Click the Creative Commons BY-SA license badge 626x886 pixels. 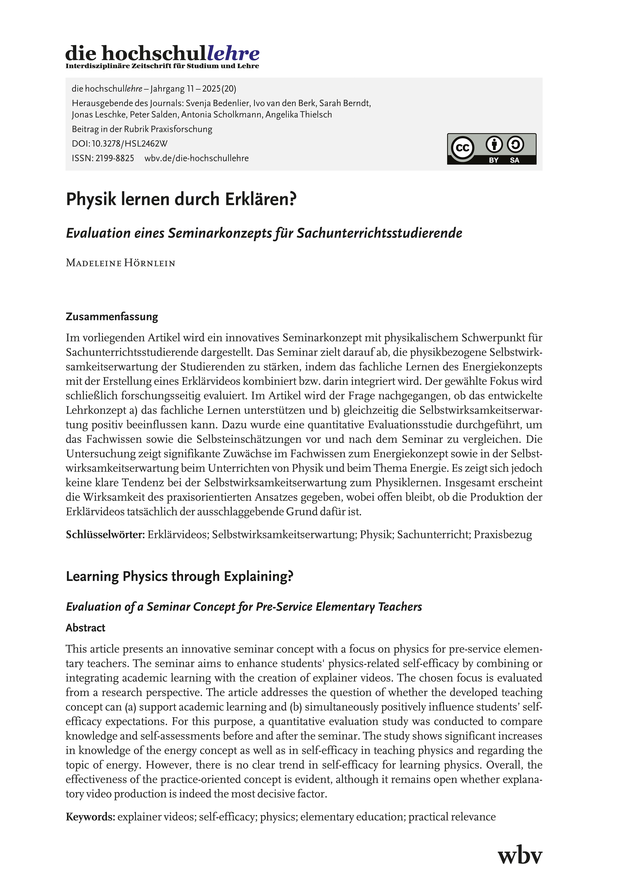point(491,149)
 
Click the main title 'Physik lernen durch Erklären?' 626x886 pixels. point(181,200)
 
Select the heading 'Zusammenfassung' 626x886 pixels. point(112,317)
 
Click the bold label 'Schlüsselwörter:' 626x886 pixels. point(105,534)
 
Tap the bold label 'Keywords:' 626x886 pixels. point(91,817)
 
